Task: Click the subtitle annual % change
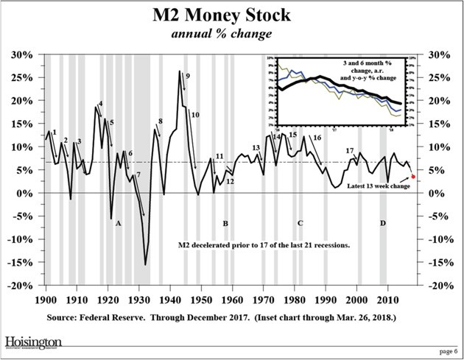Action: click(x=232, y=35)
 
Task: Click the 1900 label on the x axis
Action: click(x=46, y=300)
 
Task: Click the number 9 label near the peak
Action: click(x=188, y=76)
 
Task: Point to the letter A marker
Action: click(x=118, y=222)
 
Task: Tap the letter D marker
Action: click(x=382, y=222)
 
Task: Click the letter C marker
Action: click(x=300, y=222)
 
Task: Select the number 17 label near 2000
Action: click(x=351, y=150)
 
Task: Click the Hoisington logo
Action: click(x=34, y=342)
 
